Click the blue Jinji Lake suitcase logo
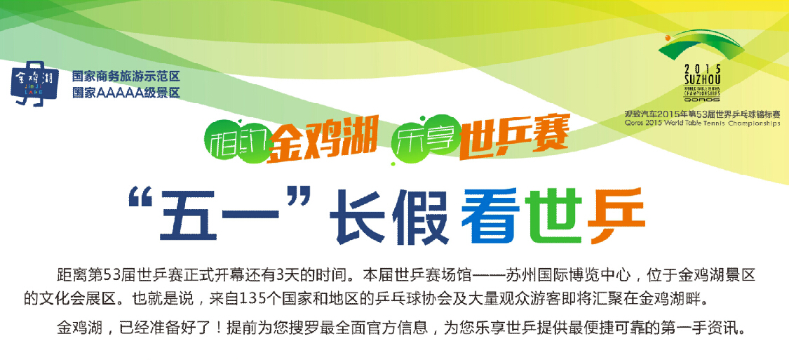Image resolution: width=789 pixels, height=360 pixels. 35,83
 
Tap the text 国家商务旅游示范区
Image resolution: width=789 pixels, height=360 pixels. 126,76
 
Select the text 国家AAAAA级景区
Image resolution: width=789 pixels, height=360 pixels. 126,93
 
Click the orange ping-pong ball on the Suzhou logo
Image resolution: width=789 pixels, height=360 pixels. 667,38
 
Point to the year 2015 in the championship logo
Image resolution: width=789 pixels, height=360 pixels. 703,69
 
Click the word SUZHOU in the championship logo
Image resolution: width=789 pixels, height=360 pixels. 703,79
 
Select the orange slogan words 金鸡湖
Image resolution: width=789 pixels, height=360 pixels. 323,138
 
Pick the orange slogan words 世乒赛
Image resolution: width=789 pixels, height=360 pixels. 513,138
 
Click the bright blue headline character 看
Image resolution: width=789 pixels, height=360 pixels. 489,217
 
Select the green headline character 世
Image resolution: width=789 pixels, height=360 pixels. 553,217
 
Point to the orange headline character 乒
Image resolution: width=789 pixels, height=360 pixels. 616,217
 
